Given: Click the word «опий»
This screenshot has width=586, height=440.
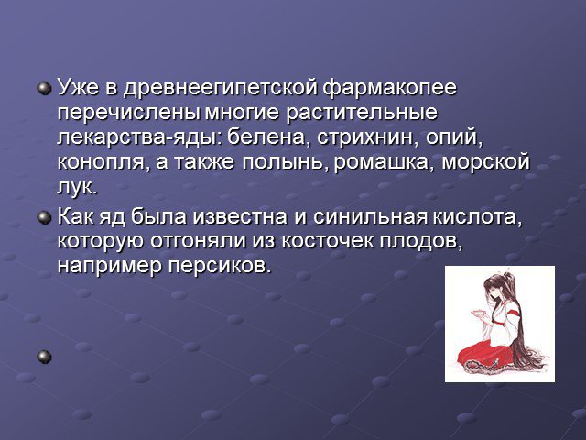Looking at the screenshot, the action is pyautogui.click(x=452, y=138).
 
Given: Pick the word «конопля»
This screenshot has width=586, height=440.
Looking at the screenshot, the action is pyautogui.click(x=101, y=163).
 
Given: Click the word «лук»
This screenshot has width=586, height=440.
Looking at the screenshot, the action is pyautogui.click(x=76, y=188).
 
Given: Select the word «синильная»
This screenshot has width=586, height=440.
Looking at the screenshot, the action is pyautogui.click(x=370, y=217).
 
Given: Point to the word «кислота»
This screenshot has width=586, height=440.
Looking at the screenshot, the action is pyautogui.click(x=477, y=217).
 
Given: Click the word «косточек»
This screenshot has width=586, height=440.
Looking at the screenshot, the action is pyautogui.click(x=328, y=242).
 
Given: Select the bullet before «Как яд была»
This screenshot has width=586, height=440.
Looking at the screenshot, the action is pyautogui.click(x=44, y=218).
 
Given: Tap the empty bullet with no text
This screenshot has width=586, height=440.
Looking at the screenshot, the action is pyautogui.click(x=44, y=357).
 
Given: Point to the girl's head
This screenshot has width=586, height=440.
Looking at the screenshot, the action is pyautogui.click(x=496, y=287).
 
